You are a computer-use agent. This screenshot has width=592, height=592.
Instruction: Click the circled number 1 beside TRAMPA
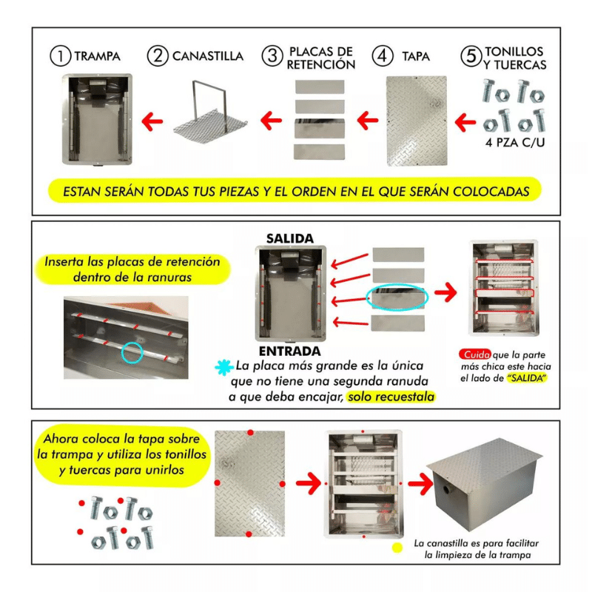coord(60,56)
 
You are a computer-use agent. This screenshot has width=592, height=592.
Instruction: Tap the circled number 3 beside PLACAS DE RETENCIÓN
coord(272,56)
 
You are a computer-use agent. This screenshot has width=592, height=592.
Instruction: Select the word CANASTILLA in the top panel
coord(208,56)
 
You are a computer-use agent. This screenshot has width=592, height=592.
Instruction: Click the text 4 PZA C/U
coord(515,143)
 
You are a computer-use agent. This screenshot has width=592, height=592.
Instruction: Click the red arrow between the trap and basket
coord(152,121)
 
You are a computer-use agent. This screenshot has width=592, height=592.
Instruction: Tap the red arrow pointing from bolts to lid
coord(465,122)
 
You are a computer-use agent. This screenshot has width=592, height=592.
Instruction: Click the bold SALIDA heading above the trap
coord(290,238)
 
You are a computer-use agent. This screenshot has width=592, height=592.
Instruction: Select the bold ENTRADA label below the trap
coord(289,351)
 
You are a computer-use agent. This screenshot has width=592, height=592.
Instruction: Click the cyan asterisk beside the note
coord(224,367)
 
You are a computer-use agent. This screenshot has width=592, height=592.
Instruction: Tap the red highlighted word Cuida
coord(475,354)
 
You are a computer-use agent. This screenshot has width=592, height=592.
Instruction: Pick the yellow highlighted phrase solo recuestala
coord(391,397)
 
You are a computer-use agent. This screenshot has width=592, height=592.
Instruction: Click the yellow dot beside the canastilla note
coord(397,548)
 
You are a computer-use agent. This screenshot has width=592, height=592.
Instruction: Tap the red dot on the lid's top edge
coord(250,432)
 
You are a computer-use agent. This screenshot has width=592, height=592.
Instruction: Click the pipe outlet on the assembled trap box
coord(448,490)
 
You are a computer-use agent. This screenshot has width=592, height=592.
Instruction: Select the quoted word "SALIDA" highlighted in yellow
coord(527,378)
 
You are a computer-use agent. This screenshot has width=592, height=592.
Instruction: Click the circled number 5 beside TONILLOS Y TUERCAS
coord(471,56)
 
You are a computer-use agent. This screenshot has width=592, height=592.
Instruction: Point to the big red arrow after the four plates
coord(445,292)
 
